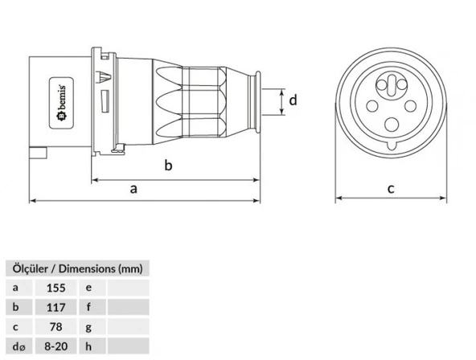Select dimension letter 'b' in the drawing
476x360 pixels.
(x=168, y=166)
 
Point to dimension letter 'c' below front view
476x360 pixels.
(x=391, y=189)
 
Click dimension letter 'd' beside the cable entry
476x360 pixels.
(x=293, y=101)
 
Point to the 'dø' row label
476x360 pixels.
(x=17, y=347)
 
